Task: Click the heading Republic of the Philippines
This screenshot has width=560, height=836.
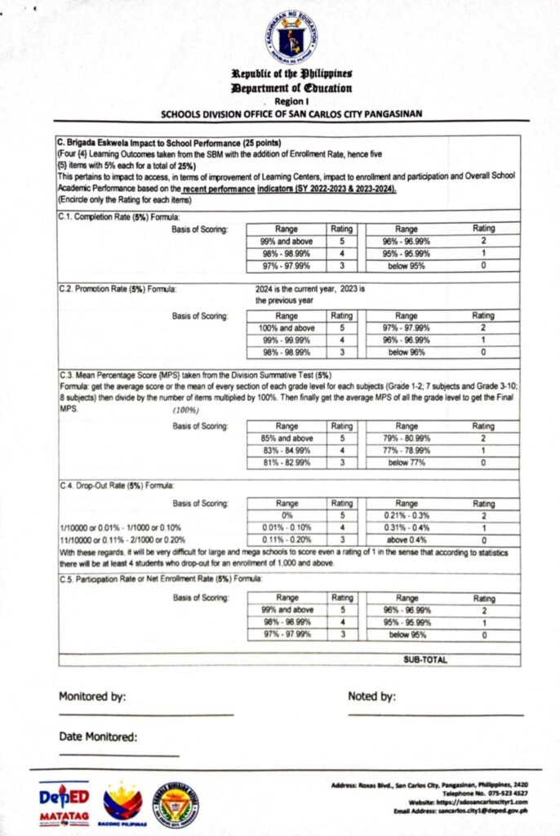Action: tap(291, 74)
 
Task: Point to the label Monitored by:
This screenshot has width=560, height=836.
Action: tap(92, 696)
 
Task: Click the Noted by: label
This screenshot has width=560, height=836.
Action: tap(371, 696)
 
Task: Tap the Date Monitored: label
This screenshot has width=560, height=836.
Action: tap(98, 737)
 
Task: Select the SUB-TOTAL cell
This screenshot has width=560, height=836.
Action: tap(425, 660)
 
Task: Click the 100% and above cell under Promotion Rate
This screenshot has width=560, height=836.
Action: tap(287, 328)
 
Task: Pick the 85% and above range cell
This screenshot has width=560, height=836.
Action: tap(287, 438)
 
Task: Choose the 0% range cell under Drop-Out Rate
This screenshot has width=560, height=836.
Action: tap(287, 516)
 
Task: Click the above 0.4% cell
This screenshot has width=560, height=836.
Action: tap(406, 540)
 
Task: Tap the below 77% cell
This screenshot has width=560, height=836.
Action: tap(406, 463)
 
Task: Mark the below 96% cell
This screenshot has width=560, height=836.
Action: tap(406, 352)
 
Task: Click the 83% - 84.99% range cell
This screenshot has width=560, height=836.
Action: tap(287, 451)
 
